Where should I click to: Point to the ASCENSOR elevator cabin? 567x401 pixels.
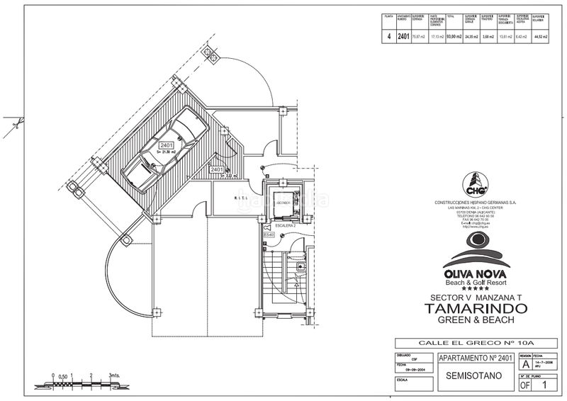[282, 203]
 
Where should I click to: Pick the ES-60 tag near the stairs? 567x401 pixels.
[269, 235]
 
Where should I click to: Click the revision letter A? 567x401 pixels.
[525, 364]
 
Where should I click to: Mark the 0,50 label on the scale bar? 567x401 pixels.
[62, 376]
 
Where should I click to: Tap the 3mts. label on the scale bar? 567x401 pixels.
[115, 375]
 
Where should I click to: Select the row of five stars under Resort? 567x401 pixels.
[475, 288]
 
